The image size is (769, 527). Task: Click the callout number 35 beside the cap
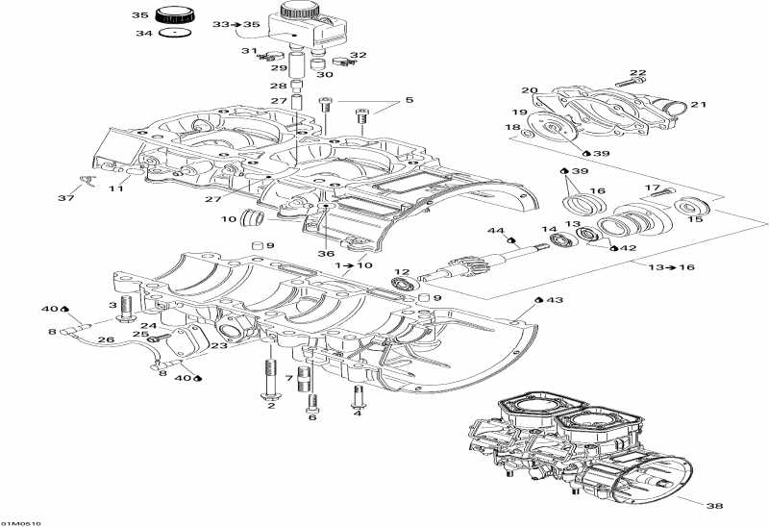pyautogui.click(x=140, y=16)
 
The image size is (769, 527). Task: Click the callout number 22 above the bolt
pyautogui.click(x=638, y=73)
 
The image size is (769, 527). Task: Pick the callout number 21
pyautogui.click(x=699, y=105)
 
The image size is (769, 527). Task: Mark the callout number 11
pyautogui.click(x=115, y=189)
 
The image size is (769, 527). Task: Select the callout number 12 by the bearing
pyautogui.click(x=401, y=272)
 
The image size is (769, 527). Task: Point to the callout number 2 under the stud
pyautogui.click(x=271, y=406)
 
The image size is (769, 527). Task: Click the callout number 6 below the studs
pyautogui.click(x=312, y=416)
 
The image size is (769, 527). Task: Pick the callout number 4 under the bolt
pyautogui.click(x=358, y=414)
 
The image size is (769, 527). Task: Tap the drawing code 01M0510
pyautogui.click(x=20, y=523)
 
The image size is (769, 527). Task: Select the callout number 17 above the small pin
pyautogui.click(x=653, y=188)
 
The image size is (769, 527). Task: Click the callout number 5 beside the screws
pyautogui.click(x=408, y=100)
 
